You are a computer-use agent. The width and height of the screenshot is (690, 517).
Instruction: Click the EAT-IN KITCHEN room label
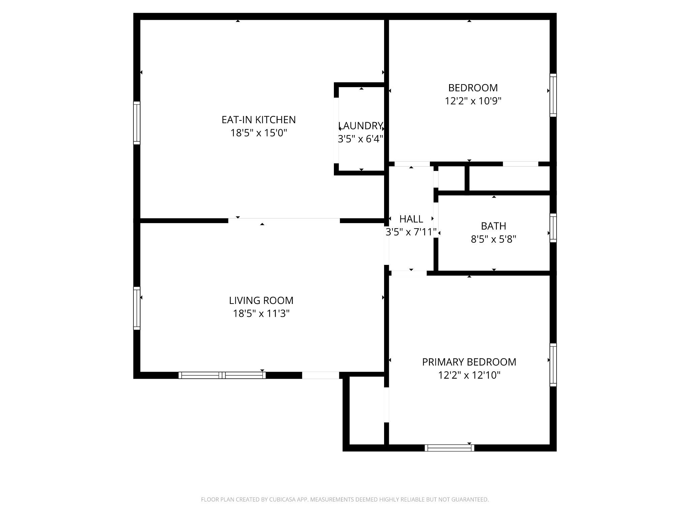259,120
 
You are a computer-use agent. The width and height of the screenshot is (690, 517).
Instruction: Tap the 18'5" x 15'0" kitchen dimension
259,133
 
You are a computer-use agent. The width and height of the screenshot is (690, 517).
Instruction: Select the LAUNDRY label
360,126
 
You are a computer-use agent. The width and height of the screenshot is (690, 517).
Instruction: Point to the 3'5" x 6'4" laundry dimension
360,139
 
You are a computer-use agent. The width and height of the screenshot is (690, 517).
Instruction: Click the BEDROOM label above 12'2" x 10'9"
473,88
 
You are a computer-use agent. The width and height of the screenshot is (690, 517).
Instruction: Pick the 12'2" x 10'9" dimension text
473,101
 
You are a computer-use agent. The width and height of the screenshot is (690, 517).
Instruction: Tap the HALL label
411,219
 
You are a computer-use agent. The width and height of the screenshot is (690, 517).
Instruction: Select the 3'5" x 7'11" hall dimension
411,232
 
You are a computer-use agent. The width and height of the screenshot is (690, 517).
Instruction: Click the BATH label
494,226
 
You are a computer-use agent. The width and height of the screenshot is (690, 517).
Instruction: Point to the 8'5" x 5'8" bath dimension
494,239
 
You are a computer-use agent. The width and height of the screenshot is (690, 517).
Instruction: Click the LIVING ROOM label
261,300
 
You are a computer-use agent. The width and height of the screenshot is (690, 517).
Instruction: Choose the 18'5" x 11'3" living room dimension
261,313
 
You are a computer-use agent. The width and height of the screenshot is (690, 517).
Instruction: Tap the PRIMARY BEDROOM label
469,362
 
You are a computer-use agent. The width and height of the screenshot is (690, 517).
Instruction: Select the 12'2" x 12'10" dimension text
469,375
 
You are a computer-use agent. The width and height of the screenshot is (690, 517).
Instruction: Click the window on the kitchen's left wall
136,123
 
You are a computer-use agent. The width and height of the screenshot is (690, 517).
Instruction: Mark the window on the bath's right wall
553,228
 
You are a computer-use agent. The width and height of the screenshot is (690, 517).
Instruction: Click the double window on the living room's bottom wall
222,375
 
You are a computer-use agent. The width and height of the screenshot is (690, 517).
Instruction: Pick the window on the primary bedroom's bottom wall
449,448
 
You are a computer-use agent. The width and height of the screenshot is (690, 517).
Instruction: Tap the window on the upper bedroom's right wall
553,95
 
